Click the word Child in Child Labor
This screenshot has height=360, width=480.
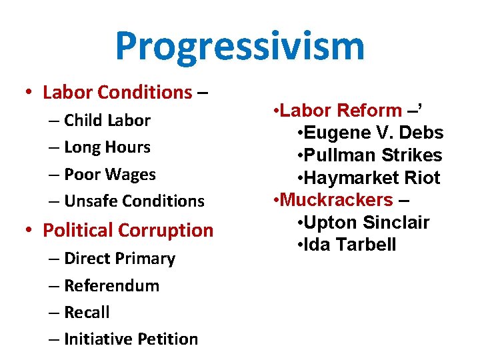pyautogui.click(x=82, y=121)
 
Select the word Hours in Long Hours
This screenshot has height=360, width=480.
pyautogui.click(x=127, y=147)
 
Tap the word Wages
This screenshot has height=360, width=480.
pyautogui.click(x=132, y=175)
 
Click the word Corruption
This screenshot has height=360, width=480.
pyautogui.click(x=167, y=231)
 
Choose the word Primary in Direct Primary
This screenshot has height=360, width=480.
pyautogui.click(x=146, y=259)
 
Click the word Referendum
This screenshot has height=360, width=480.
pyautogui.click(x=111, y=286)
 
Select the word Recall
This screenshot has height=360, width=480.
pyautogui.click(x=87, y=313)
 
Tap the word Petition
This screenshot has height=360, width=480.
pyautogui.click(x=167, y=339)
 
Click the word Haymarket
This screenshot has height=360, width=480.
pyautogui.click(x=349, y=178)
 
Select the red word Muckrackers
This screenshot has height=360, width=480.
pyautogui.click(x=337, y=200)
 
